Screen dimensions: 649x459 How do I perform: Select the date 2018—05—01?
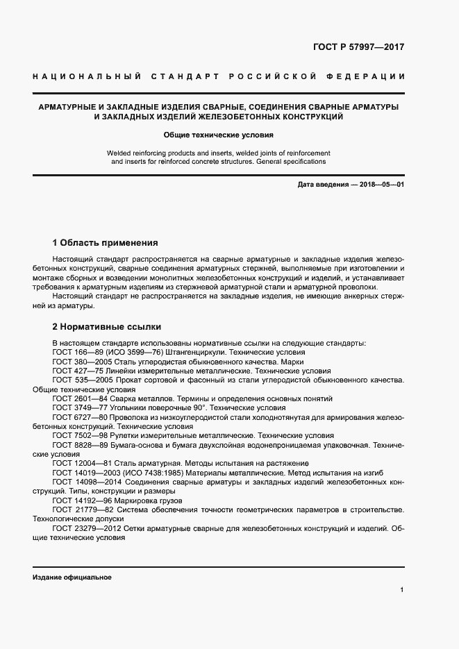click(x=380, y=185)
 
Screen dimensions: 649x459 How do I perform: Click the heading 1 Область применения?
click(x=106, y=243)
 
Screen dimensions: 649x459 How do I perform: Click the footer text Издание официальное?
click(x=72, y=578)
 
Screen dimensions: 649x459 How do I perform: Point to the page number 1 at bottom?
click(x=402, y=590)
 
